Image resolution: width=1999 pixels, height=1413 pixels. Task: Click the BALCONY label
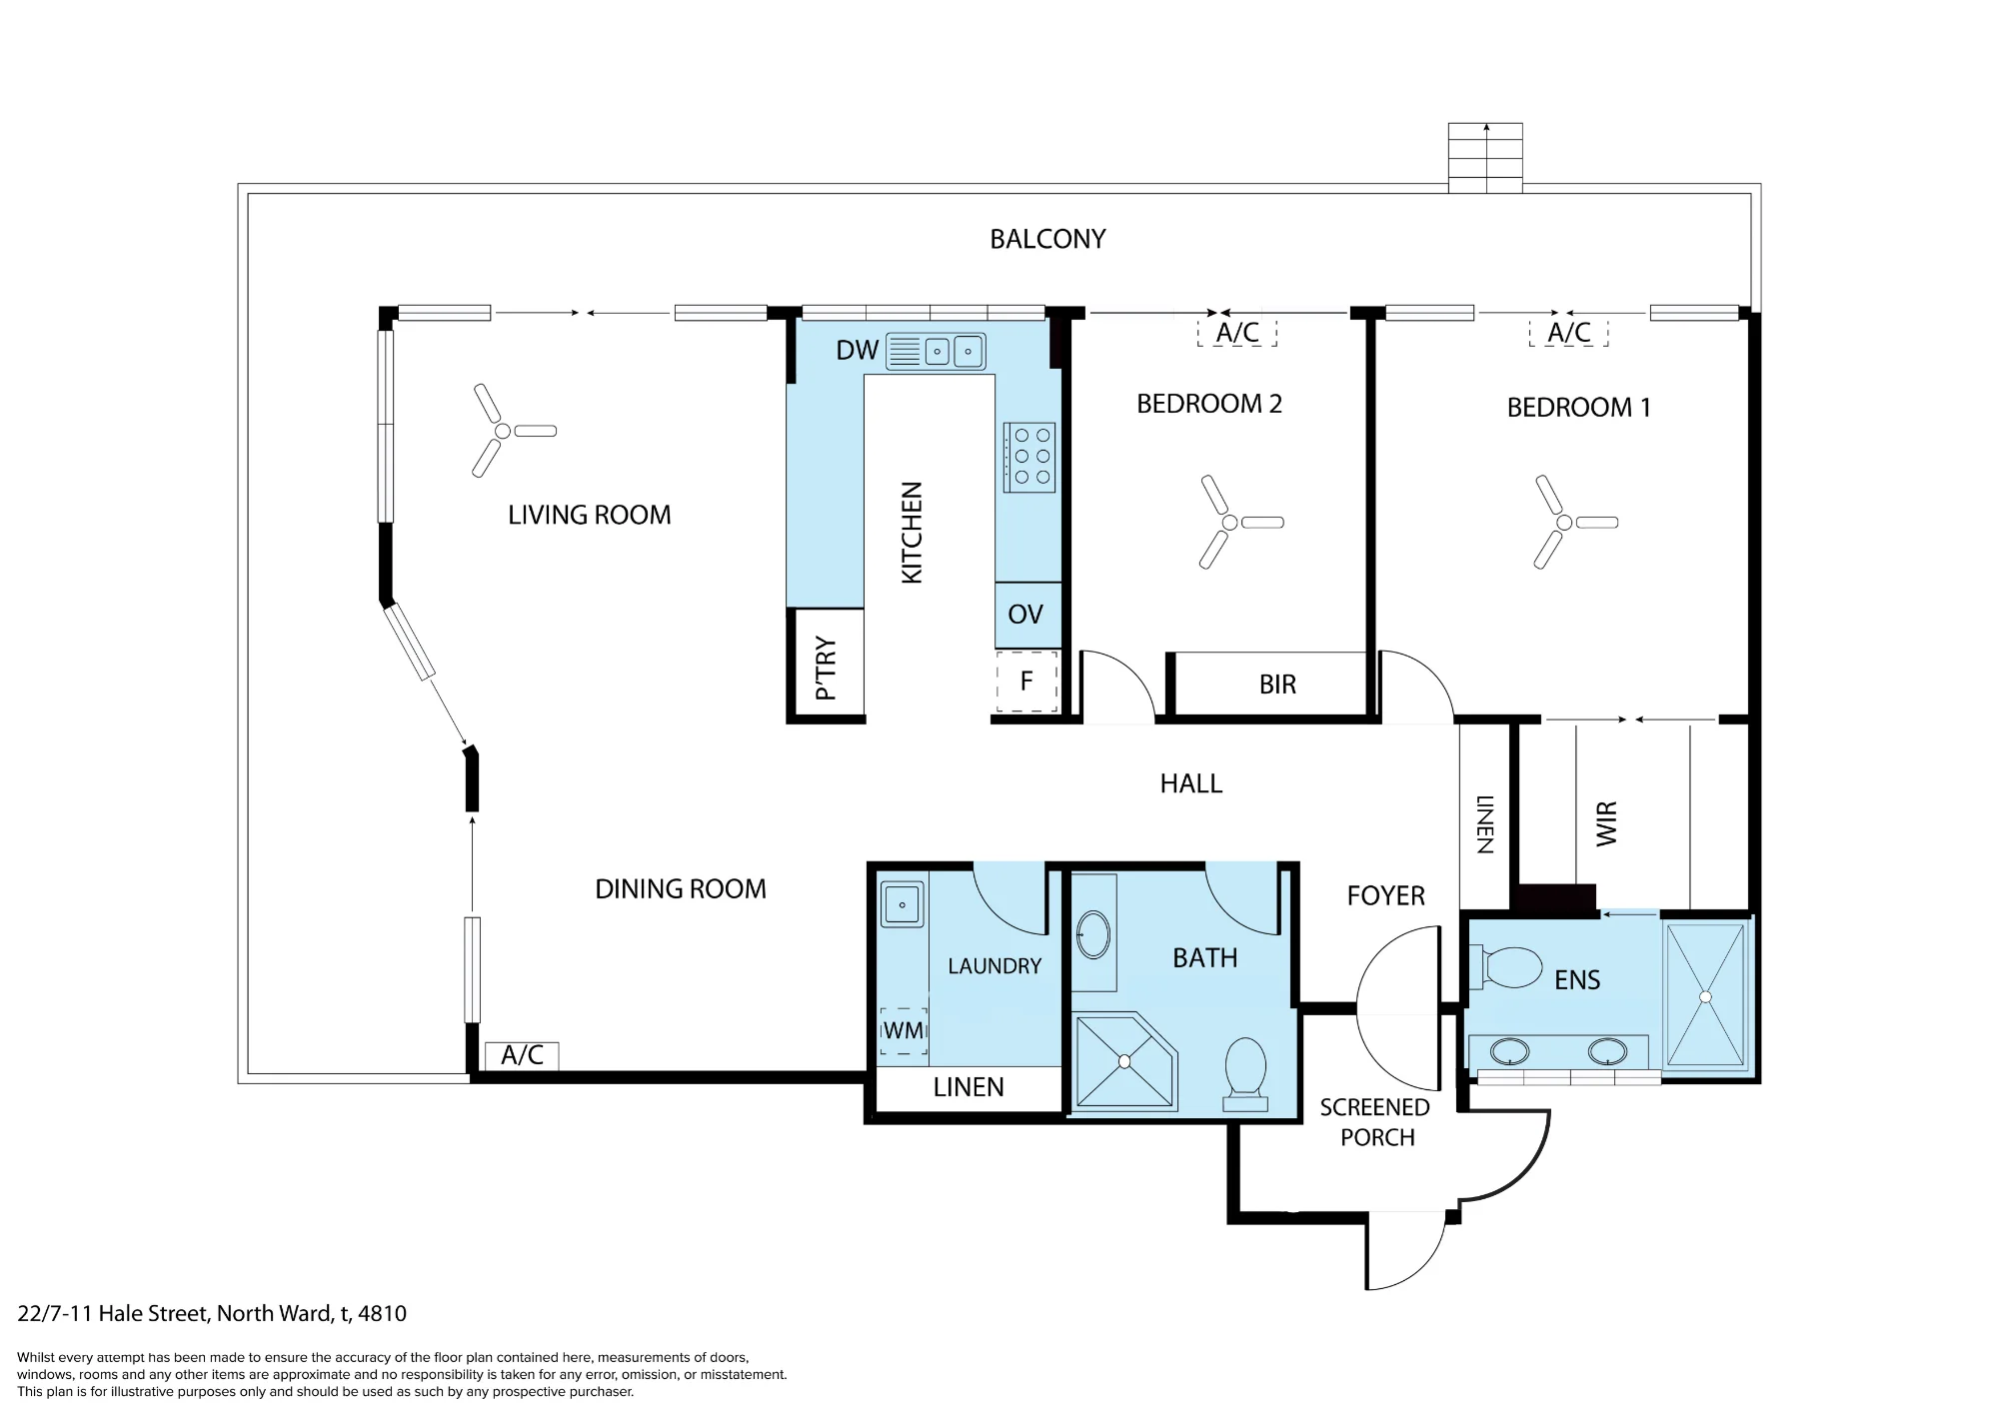point(1047,239)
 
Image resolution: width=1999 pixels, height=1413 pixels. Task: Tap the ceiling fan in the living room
point(504,431)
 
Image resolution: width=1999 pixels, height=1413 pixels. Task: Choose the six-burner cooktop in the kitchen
point(1029,457)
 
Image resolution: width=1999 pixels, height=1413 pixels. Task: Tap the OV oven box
point(1027,615)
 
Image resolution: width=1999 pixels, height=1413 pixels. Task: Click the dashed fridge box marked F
point(1027,682)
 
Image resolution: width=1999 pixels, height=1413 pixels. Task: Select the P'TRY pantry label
point(826,668)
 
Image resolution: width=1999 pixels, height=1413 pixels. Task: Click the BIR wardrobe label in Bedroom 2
point(1277,685)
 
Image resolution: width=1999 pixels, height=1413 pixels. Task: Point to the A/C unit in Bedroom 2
point(1237,333)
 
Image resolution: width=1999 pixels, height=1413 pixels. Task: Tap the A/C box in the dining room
point(522,1055)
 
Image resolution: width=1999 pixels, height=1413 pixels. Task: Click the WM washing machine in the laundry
point(904,1030)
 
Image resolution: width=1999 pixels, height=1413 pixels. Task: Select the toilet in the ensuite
point(1512,967)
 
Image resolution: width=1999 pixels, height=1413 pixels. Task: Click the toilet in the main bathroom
point(1245,1074)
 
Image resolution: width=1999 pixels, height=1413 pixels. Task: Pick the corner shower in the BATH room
point(1124,1061)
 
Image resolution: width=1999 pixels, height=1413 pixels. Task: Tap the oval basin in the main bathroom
point(1093,935)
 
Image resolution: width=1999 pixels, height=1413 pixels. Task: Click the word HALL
point(1191,783)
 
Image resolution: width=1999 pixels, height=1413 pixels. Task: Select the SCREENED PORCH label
point(1375,1122)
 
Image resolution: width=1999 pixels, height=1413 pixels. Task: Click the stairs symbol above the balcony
point(1486,157)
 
